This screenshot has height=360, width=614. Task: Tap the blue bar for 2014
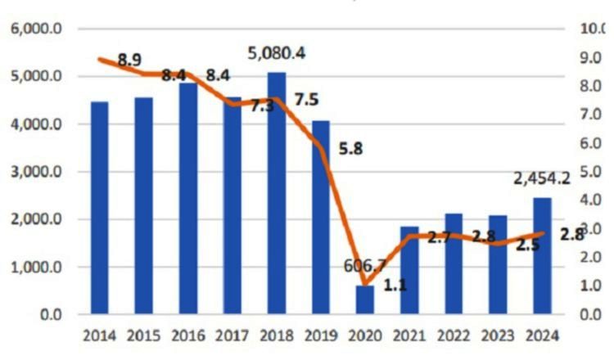[x=99, y=208]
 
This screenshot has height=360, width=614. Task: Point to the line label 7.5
[x=306, y=101]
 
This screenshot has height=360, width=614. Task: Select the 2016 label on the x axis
[x=187, y=335]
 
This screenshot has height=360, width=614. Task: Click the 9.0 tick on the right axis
[x=590, y=58]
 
